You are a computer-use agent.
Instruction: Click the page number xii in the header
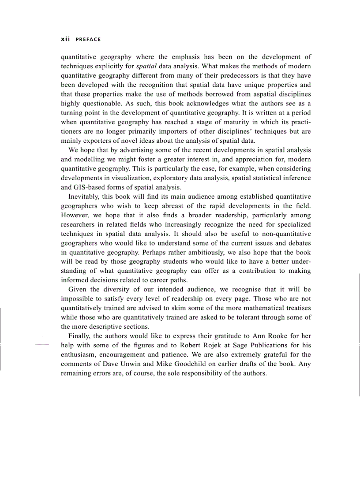(x=65, y=39)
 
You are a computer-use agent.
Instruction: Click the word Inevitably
(x=84, y=197)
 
